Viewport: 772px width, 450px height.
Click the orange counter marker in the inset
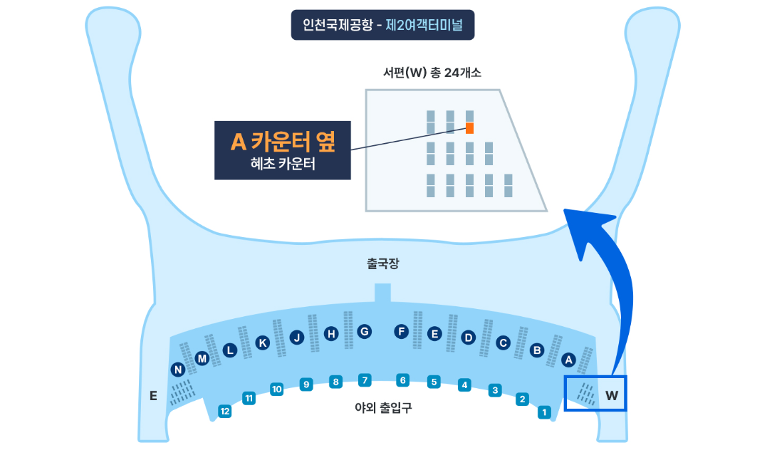[x=470, y=128]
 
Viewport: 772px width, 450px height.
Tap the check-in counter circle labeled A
[x=568, y=360]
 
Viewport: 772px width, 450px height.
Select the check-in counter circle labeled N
[x=178, y=370]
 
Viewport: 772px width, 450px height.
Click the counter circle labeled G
[x=364, y=331]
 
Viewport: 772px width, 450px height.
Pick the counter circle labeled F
[x=402, y=331]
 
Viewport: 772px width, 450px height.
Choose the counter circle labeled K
[x=263, y=343]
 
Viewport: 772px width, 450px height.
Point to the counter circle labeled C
[x=503, y=343]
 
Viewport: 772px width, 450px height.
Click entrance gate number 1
[x=545, y=412]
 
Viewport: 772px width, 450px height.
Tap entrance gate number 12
[x=225, y=411]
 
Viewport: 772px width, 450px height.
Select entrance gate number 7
[x=365, y=380]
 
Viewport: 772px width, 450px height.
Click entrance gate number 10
[x=277, y=389]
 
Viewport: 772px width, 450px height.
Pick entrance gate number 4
[x=464, y=385]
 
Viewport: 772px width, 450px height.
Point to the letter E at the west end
[x=153, y=396]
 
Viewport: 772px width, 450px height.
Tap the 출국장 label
[x=383, y=263]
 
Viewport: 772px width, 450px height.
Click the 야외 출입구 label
[x=383, y=408]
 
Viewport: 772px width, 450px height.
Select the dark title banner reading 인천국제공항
[x=382, y=25]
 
